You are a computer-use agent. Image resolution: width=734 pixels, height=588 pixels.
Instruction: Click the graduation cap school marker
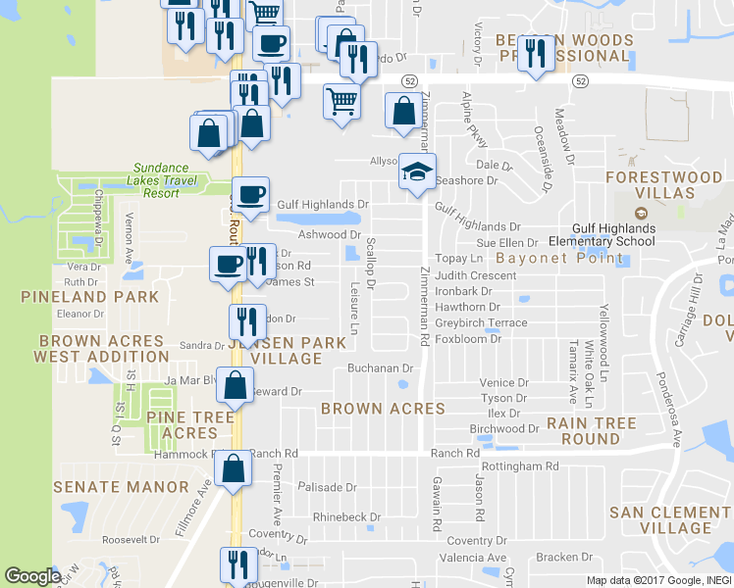417,172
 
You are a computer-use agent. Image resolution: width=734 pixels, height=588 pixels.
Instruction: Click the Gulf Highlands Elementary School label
601,235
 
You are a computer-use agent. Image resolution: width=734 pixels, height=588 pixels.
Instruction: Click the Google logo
32,576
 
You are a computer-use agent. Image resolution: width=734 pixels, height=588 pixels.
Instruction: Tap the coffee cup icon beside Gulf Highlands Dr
251,193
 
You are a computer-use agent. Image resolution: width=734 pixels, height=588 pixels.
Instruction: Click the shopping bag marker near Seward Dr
236,385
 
